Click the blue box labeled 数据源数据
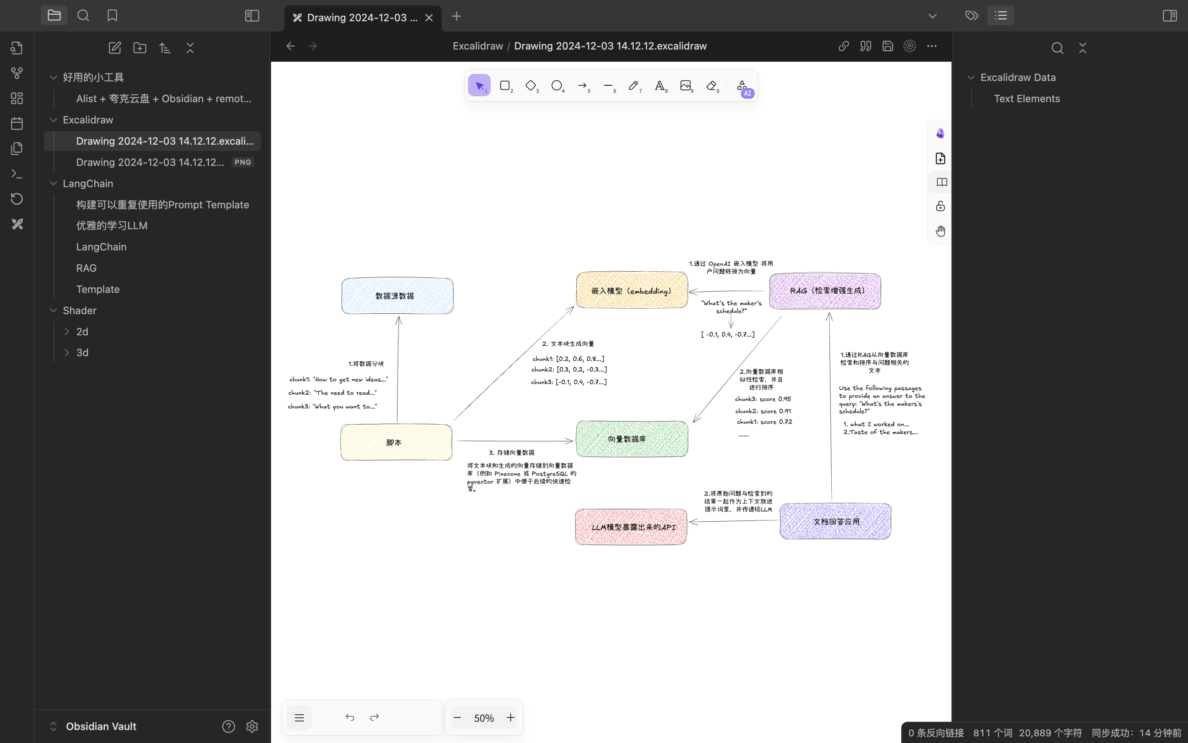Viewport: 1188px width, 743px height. [x=397, y=296]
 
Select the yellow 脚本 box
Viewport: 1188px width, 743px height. [x=396, y=442]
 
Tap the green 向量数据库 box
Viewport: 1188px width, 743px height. [x=632, y=439]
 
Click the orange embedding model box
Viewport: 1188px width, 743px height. [x=632, y=290]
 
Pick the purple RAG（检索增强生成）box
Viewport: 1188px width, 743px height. [x=825, y=291]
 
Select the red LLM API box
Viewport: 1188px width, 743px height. [x=631, y=527]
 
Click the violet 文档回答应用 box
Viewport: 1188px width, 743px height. [x=835, y=521]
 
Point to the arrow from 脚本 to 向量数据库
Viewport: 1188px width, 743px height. [x=515, y=441]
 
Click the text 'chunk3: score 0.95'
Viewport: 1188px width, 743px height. [x=763, y=399]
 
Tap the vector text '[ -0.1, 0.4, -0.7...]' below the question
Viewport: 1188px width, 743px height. [x=728, y=334]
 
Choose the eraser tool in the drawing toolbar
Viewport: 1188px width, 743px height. [x=712, y=86]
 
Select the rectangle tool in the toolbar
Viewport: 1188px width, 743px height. [x=505, y=86]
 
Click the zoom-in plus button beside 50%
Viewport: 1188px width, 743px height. [x=511, y=718]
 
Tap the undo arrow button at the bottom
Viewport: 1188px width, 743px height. [x=350, y=717]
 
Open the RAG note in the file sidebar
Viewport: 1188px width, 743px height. [x=86, y=268]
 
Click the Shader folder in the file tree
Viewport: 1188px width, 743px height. [x=79, y=311]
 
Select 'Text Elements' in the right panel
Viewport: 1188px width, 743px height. [x=1027, y=99]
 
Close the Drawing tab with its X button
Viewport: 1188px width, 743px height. [x=429, y=18]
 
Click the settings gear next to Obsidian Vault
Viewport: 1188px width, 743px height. [x=252, y=726]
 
